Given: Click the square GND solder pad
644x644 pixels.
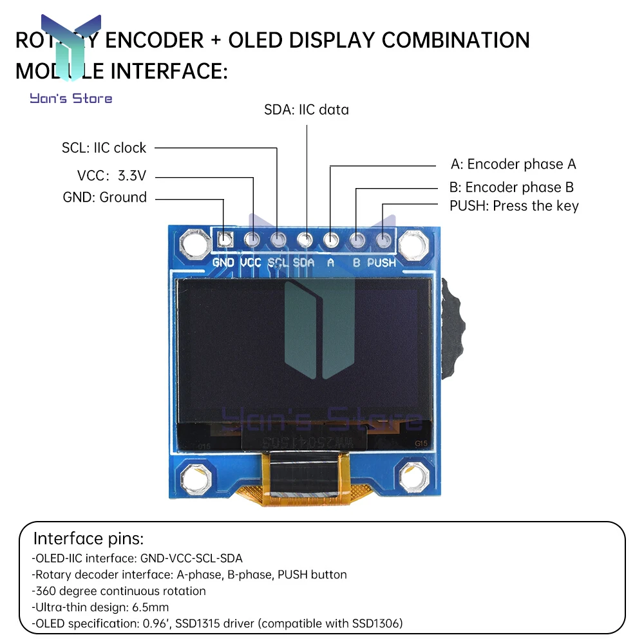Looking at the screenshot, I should pos(225,240).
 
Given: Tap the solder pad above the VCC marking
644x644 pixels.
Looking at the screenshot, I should pos(252,240).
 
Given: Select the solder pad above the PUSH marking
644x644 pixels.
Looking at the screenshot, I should pos(383,240).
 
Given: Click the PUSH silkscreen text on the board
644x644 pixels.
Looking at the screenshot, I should pos(381,263).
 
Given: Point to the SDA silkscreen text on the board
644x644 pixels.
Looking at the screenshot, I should pos(304,263).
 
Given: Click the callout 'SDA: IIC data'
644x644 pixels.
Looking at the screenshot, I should pos(307,109).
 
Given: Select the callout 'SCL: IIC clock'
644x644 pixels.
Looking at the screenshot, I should pos(104,147).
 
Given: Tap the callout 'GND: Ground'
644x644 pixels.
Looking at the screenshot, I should pos(105,197).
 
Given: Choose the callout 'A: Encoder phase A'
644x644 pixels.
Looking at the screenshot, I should pos(513,164).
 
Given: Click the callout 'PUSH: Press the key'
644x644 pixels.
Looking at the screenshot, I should pos(514,206).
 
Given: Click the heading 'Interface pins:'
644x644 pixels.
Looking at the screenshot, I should pos(88,538).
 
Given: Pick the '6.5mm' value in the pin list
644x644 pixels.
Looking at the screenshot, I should pos(156,607).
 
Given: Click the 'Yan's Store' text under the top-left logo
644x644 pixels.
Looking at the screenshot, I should pos(71,99).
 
